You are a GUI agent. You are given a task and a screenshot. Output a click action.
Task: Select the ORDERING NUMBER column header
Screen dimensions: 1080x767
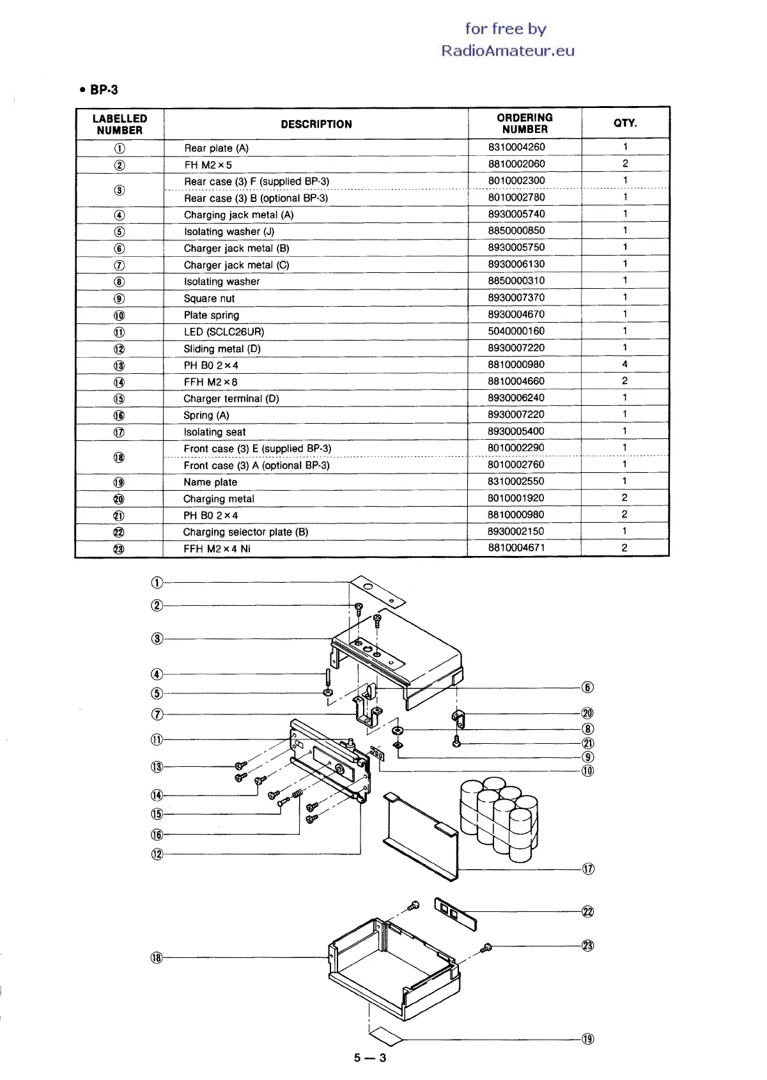[x=524, y=123]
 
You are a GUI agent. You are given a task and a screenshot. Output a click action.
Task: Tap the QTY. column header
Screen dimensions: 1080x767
[x=625, y=123]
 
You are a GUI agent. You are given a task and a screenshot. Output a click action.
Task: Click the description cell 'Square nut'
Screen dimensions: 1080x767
[x=209, y=298]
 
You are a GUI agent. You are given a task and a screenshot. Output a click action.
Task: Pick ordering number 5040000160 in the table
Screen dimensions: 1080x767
[x=516, y=331]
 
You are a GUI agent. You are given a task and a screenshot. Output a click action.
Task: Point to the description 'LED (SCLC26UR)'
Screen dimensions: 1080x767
[x=224, y=332]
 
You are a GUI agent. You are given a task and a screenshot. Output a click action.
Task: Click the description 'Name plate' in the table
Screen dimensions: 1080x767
[x=210, y=482]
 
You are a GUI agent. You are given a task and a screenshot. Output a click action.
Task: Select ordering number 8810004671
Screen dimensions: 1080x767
[x=516, y=548]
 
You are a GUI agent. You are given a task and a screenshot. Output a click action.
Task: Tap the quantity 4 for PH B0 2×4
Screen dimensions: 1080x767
[x=624, y=364]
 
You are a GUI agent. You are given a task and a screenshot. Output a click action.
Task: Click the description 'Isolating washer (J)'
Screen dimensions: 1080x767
[x=229, y=231]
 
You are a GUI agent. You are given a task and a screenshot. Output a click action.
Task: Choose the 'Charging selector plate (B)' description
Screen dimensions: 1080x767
[x=245, y=532]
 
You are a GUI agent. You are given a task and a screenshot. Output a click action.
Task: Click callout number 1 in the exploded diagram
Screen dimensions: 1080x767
[x=157, y=582]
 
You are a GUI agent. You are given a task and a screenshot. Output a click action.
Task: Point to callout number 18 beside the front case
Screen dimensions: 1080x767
[x=157, y=957]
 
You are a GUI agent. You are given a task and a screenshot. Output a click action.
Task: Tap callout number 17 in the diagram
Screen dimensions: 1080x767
[x=588, y=869]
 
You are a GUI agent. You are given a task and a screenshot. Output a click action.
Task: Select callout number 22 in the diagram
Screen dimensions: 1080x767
[x=588, y=912]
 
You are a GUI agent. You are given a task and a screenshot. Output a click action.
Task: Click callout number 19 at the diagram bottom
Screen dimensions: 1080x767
[x=588, y=1039]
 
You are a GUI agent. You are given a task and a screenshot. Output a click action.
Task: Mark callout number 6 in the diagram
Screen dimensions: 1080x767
[x=588, y=688]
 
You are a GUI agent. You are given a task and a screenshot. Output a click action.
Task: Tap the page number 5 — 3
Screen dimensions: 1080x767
[x=370, y=1058]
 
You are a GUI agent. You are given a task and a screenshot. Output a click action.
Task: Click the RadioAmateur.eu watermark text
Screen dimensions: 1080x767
[x=507, y=51]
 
